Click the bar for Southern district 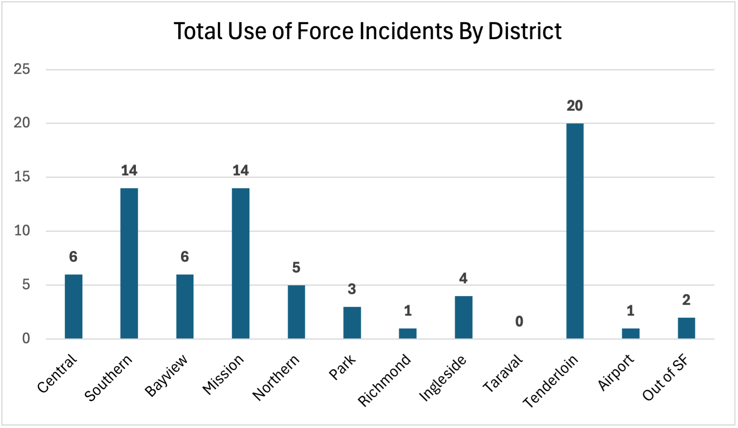(129, 264)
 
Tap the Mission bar (241, 264)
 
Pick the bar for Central (74, 306)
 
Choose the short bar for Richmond (408, 333)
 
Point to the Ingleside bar (463, 317)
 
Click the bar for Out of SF (686, 328)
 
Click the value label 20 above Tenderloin (575, 106)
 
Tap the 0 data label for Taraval (519, 321)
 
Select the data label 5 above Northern (296, 267)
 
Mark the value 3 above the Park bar (352, 289)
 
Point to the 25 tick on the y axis (22, 69)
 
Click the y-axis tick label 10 (22, 231)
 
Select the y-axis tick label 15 (22, 177)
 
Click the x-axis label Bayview (166, 376)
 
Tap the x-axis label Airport (616, 373)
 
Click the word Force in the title (325, 31)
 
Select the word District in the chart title (524, 31)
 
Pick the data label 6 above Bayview (185, 257)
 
